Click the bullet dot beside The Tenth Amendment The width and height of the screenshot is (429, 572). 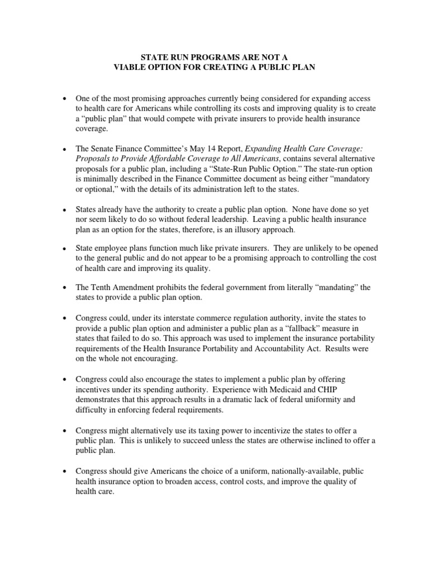point(65,288)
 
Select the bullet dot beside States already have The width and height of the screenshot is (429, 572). point(65,209)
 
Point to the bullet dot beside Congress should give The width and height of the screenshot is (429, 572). point(65,471)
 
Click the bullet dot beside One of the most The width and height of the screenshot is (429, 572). point(65,98)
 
